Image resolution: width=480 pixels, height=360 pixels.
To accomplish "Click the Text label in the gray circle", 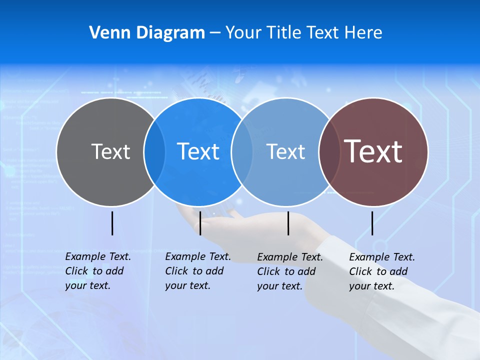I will (x=110, y=151).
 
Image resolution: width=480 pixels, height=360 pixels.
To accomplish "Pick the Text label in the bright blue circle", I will (x=198, y=151).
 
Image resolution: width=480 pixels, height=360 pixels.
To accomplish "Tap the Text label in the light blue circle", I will (x=285, y=151).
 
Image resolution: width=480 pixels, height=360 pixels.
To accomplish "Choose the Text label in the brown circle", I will (x=373, y=151).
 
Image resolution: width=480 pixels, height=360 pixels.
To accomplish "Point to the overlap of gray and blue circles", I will (x=154, y=151).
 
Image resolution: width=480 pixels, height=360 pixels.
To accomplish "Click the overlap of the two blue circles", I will (x=242, y=151).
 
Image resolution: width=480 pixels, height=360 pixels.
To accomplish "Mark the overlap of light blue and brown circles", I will (x=328, y=151).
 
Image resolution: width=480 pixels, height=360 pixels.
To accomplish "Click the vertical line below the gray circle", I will (x=112, y=223).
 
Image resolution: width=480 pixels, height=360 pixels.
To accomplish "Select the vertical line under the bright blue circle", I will (x=200, y=223).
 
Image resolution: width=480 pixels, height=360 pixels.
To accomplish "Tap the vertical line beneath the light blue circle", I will (x=288, y=223).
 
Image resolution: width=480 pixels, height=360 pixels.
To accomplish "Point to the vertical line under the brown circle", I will (x=372, y=223).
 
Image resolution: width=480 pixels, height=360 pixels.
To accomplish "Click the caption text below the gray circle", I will (x=97, y=271).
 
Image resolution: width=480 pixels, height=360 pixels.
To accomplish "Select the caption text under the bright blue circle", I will (x=197, y=271).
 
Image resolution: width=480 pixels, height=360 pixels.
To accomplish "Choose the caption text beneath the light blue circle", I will (x=289, y=271).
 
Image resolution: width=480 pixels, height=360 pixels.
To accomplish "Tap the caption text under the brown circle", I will (x=381, y=271).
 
